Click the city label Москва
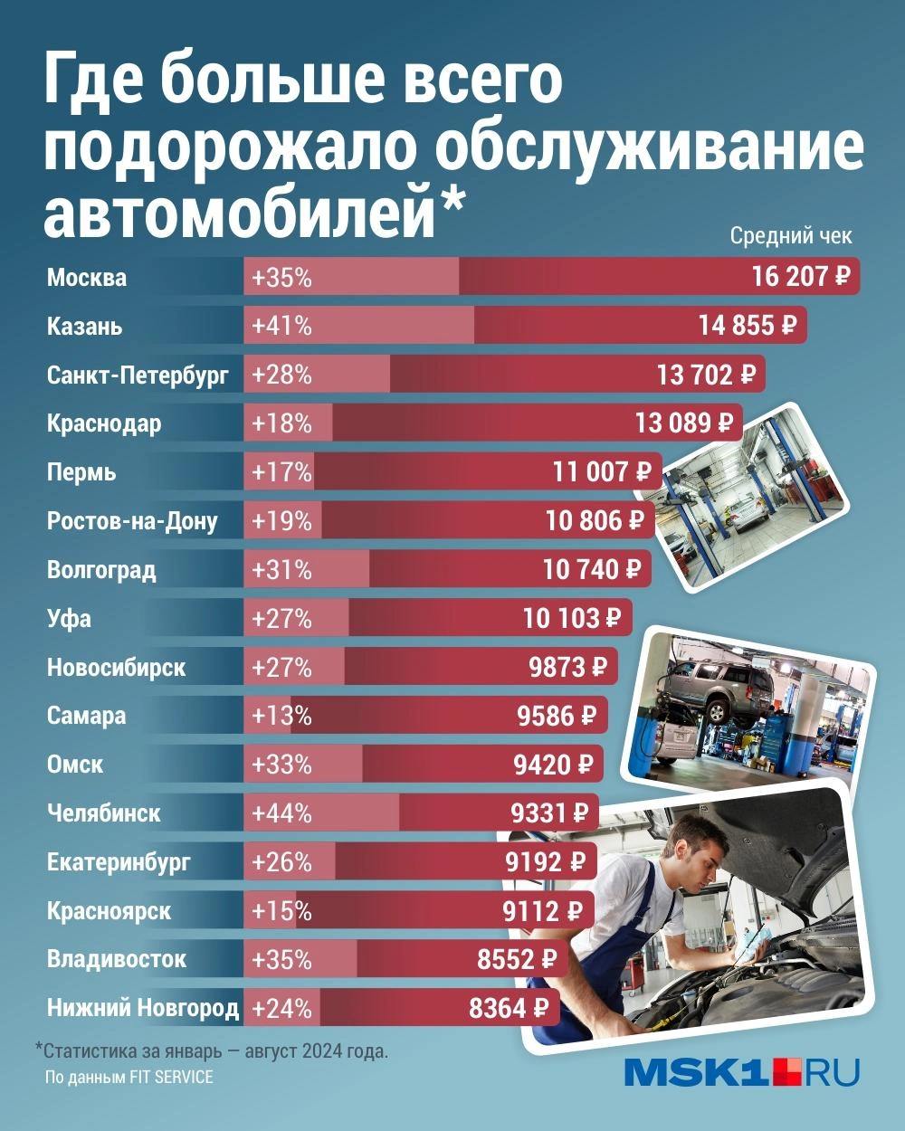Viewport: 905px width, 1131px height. coord(87,277)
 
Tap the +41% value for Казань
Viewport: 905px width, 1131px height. coord(282,326)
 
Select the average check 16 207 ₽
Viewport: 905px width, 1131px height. coord(802,276)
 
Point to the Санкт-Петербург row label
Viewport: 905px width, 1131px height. coord(138,375)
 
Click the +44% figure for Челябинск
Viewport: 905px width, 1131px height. coord(282,813)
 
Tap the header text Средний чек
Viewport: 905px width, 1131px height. coord(790,237)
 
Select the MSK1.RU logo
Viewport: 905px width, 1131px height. coord(741,1073)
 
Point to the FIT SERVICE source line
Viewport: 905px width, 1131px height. coord(129,1078)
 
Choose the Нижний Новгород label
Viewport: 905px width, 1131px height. coord(143,1008)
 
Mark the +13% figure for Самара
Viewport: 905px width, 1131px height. coord(282,716)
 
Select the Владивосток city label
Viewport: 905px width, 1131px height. coord(117,959)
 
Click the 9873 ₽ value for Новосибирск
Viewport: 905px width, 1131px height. coord(567,668)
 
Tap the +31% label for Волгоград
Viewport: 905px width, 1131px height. coord(282,570)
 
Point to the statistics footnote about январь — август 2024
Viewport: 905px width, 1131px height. coord(212,1052)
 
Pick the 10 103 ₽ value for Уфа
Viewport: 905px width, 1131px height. coord(573,619)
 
